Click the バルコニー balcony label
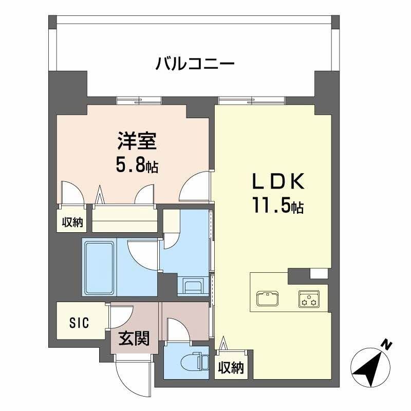(195, 65)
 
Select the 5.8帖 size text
(137, 165)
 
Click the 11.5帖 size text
(278, 207)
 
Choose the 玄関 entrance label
(134, 339)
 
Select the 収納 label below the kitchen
(230, 368)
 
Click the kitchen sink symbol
(267, 298)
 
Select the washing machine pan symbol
(193, 286)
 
